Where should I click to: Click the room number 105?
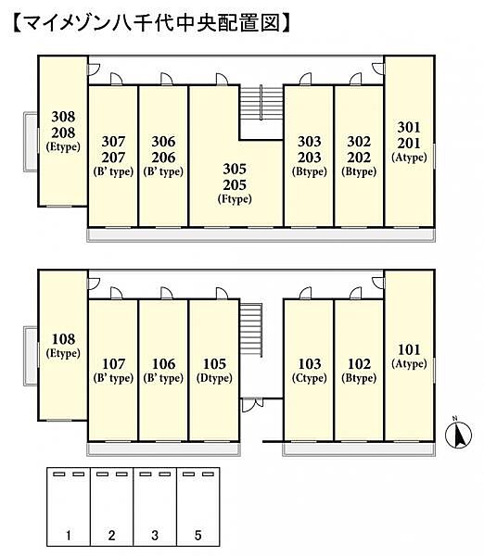click(214, 364)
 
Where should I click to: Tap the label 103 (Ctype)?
click(310, 370)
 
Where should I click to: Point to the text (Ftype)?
click(235, 199)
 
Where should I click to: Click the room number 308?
click(63, 117)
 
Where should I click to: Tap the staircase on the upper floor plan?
click(261, 103)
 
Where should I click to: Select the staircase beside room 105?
click(251, 330)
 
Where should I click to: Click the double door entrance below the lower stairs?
click(252, 405)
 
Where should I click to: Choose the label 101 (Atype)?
click(409, 356)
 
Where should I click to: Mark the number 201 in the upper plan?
click(409, 144)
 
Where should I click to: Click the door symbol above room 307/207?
click(117, 79)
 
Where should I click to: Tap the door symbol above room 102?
click(355, 293)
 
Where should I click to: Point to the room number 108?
click(64, 339)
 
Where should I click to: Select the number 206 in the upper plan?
click(163, 158)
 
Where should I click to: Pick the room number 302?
click(359, 142)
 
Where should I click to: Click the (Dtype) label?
click(214, 378)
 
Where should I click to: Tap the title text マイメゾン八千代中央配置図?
click(152, 23)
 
